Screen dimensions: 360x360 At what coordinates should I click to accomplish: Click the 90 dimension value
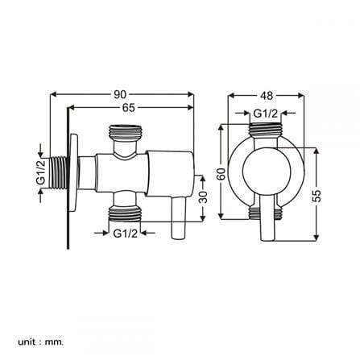pos(120,94)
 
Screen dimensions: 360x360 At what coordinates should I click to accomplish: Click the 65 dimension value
pos(129,108)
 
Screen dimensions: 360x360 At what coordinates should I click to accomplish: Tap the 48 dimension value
pos(267,96)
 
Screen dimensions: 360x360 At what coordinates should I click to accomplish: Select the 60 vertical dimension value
pos(221,174)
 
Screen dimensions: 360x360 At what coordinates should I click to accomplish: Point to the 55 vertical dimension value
pos(317,196)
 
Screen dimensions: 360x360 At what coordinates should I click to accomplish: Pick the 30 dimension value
pos(204,197)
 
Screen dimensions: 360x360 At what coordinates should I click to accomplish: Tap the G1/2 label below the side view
pos(126,234)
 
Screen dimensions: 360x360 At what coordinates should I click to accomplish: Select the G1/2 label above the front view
pos(266,114)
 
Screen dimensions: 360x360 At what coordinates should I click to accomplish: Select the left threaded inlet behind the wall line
pos(59,172)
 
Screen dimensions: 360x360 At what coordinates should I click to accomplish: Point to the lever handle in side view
pos(179,217)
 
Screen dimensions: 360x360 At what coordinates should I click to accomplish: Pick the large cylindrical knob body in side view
pos(170,173)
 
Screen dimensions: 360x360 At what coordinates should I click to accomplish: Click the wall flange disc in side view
pos(74,174)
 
